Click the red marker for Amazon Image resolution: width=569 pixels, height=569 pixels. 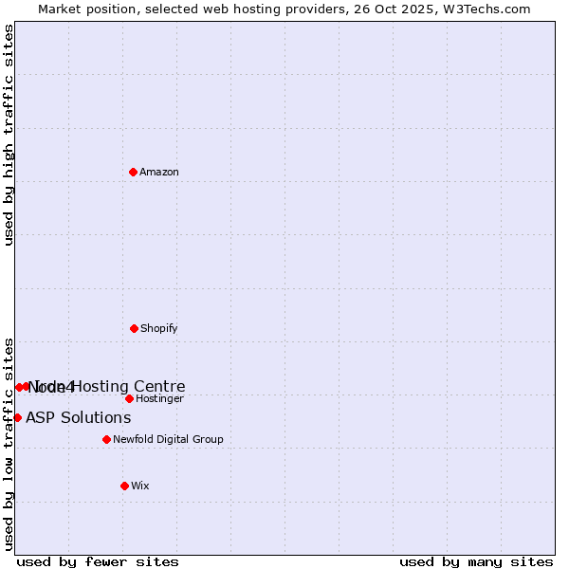(x=134, y=172)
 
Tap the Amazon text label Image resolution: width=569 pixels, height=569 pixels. (x=159, y=172)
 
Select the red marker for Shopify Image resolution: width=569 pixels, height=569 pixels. (x=134, y=328)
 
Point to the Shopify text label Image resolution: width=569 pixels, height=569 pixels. (x=159, y=328)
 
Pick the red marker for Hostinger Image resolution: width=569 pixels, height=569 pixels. (x=129, y=398)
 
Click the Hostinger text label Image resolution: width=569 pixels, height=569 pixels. (x=159, y=398)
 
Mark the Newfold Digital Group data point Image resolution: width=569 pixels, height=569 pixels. (x=106, y=439)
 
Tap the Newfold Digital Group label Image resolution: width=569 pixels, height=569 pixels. (x=168, y=439)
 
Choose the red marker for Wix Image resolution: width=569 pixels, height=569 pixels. (x=124, y=486)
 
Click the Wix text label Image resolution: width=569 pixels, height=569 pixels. (x=140, y=486)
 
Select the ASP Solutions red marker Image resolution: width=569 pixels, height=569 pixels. (x=17, y=417)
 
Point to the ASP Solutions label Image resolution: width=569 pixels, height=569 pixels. (x=78, y=417)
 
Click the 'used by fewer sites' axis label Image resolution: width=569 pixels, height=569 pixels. (x=98, y=561)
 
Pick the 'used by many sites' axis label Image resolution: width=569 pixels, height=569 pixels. (x=476, y=561)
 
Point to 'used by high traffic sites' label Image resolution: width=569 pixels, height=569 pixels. (x=9, y=135)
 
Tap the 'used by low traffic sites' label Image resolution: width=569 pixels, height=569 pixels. (x=9, y=443)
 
